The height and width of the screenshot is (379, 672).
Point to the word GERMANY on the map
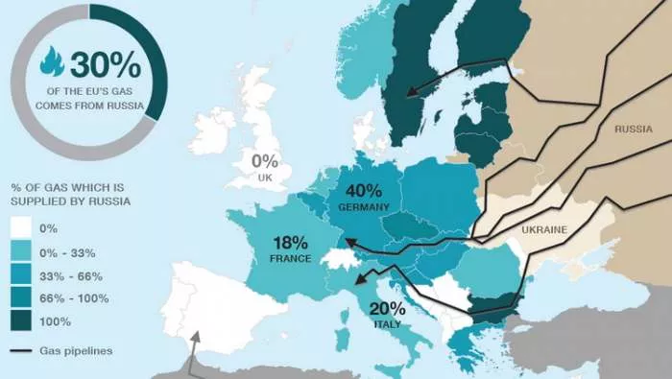coord(363,206)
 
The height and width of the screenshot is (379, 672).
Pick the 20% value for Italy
coord(388,308)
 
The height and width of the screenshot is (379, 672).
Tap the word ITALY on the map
coord(388,324)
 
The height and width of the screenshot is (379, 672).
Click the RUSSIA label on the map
coord(634,129)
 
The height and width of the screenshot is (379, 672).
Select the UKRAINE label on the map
coord(543,230)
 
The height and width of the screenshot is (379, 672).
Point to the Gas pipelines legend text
coord(78,351)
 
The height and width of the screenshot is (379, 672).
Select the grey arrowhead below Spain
coord(196,337)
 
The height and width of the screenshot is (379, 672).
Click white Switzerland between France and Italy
coord(337,257)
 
